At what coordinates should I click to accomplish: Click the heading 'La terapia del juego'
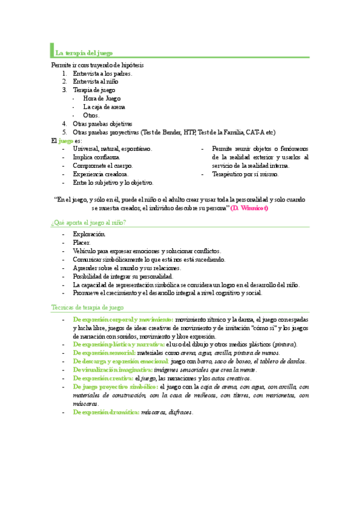84,53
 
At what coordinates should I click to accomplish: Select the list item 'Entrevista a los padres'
102,73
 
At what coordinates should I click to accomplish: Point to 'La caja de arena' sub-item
104,106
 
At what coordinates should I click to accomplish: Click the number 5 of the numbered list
64,132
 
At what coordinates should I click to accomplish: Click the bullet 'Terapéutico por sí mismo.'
245,174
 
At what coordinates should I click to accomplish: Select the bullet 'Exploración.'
89,234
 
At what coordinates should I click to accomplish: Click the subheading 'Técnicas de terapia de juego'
87,307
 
